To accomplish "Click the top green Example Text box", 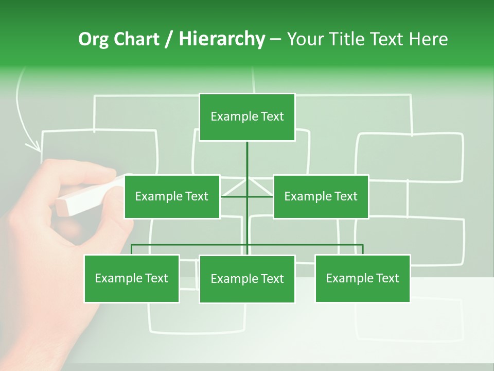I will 247,117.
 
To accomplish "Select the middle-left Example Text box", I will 172,196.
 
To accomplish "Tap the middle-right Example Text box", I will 321,196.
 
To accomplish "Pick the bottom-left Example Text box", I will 132,278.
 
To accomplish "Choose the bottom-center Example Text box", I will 247,279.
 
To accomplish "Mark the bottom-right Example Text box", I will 362,278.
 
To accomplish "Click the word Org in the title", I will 93,39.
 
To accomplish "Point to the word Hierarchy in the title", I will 222,39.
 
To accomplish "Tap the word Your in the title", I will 306,39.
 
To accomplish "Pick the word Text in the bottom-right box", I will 387,278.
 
